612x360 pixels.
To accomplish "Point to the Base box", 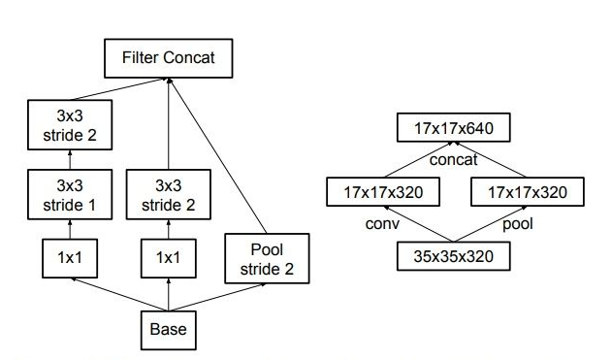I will pos(168,329).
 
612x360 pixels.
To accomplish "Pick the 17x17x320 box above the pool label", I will pos(528,192).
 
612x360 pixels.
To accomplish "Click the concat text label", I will pos(455,160).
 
